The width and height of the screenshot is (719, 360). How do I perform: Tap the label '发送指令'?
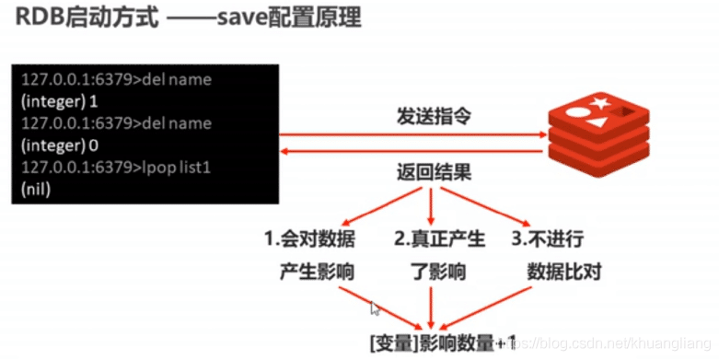click(434, 117)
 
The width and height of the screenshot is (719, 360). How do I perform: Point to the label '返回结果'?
click(434, 173)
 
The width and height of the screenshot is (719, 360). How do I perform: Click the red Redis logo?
click(599, 134)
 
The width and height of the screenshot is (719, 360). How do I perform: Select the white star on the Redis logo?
click(598, 102)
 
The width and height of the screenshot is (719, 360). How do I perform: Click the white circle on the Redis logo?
click(576, 112)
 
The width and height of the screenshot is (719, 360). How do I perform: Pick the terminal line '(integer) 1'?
click(60, 101)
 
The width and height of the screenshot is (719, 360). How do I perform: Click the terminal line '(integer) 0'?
click(60, 145)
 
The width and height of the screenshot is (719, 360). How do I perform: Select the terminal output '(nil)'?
click(36, 189)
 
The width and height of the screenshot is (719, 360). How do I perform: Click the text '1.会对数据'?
click(309, 239)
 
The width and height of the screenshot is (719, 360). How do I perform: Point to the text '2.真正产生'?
click(439, 239)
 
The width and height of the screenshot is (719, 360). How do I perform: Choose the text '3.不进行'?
click(548, 239)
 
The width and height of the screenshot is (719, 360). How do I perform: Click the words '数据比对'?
click(563, 272)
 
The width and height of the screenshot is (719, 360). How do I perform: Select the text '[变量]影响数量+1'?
click(443, 343)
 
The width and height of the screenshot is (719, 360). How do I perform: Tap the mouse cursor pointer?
click(375, 308)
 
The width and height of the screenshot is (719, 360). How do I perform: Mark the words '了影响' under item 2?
click(438, 272)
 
